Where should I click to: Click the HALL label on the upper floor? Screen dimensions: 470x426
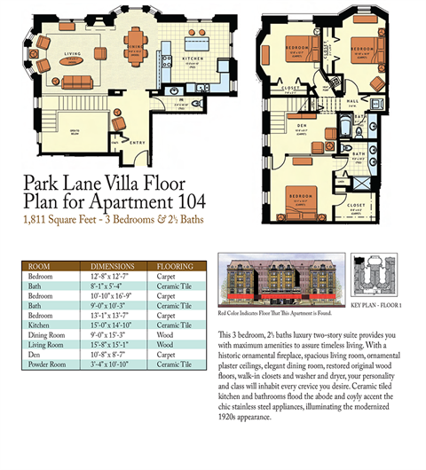pos(352,100)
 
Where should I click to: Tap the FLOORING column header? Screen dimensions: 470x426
pos(175,264)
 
